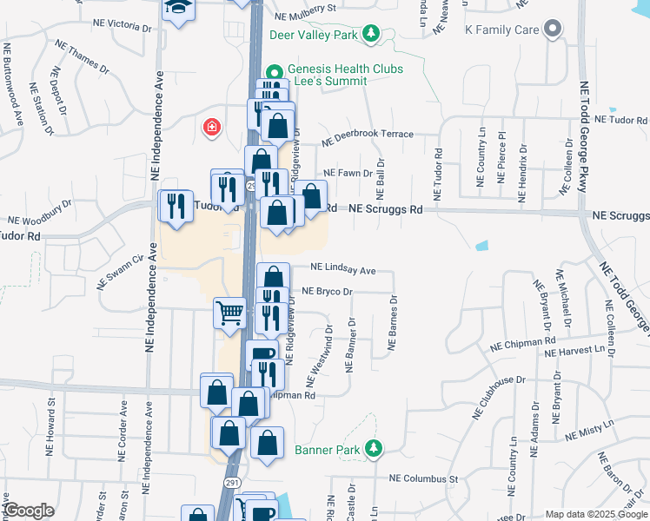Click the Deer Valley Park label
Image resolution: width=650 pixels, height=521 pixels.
pos(315,36)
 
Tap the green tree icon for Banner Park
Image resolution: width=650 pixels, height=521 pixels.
pos(374,449)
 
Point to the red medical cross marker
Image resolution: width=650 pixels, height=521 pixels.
pos(210,129)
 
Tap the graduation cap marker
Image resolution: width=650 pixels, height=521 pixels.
pos(177,9)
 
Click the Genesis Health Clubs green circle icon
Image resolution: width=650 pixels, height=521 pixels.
pos(275,70)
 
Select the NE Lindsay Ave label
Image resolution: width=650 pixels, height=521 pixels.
pos(342,270)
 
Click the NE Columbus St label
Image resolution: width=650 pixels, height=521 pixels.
pos(423,478)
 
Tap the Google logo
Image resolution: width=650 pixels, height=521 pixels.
pos(28,511)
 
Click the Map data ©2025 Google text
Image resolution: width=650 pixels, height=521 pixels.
pos(596,514)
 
